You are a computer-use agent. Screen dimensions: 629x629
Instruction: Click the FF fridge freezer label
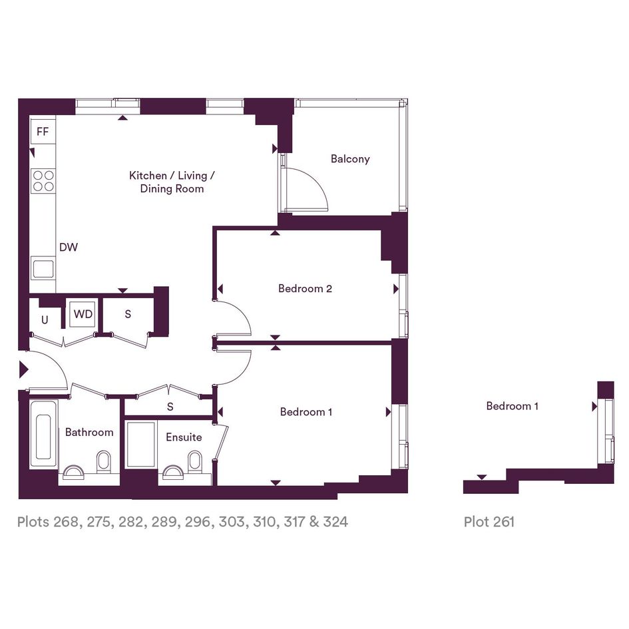tap(43, 131)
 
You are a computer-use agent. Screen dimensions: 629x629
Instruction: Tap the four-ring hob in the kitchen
tap(43, 180)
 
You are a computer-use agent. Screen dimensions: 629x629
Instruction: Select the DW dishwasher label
tap(68, 247)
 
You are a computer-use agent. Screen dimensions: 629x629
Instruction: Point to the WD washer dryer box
tap(83, 314)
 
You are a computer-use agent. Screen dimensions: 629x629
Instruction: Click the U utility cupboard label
tap(45, 319)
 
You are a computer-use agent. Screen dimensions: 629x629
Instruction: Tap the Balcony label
tap(350, 159)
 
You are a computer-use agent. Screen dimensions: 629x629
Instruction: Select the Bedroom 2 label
tap(306, 288)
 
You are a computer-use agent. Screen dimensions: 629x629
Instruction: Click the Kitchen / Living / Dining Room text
tap(172, 182)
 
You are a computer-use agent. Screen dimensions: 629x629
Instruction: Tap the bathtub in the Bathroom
tap(43, 435)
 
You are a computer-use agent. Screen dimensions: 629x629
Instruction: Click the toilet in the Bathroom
tap(103, 461)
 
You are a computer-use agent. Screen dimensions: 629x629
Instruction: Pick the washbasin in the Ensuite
tap(173, 473)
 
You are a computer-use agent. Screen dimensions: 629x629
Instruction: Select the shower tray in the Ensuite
tap(141, 444)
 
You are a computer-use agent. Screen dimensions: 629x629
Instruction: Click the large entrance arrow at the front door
tap(24, 369)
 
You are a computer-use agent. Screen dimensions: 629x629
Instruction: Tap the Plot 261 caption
tap(489, 521)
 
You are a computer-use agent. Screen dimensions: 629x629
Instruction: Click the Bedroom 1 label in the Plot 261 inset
tap(512, 406)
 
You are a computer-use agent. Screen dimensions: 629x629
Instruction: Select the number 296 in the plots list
tap(197, 521)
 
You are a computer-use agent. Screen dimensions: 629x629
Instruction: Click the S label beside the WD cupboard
tap(128, 314)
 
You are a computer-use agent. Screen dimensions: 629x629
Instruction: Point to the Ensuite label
tap(184, 437)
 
